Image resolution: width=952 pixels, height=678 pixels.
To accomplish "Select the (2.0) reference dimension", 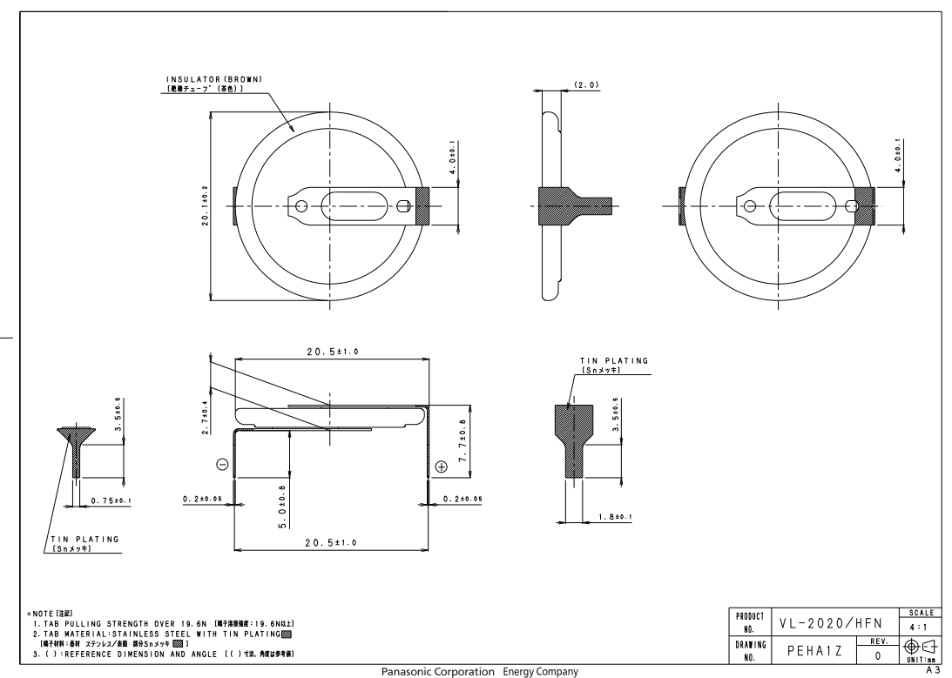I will pyautogui.click(x=586, y=84).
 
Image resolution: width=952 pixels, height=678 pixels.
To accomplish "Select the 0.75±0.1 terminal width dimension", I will pyautogui.click(x=111, y=500).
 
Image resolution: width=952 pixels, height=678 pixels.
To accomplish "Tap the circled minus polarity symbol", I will pyautogui.click(x=223, y=466).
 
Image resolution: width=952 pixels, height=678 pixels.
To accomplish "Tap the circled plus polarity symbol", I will pyautogui.click(x=441, y=467).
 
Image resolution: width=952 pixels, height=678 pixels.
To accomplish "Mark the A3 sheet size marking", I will pyautogui.click(x=937, y=670).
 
